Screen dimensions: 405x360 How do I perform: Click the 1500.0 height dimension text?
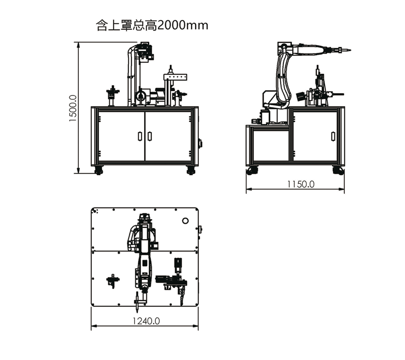point(73,108)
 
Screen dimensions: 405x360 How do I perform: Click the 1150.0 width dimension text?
point(301,184)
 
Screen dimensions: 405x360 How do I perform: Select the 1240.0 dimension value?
point(146,321)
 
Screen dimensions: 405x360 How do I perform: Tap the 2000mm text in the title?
point(182,25)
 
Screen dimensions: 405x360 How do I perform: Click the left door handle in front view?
point(140,136)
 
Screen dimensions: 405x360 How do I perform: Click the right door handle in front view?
point(149,136)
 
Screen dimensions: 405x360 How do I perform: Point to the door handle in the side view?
point(333,136)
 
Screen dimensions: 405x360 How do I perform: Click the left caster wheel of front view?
point(99,171)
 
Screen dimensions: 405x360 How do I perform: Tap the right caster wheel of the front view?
point(191,171)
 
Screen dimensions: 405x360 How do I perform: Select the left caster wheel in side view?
point(252,171)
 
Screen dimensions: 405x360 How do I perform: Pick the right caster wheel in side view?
point(338,171)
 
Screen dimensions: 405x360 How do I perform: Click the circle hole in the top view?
point(185,221)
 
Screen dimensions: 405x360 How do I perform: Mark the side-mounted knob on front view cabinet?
point(200,144)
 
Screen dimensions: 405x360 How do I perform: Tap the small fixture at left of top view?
point(113,281)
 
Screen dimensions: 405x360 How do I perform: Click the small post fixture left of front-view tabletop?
point(112,95)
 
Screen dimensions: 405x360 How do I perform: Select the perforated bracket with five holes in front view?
point(175,77)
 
